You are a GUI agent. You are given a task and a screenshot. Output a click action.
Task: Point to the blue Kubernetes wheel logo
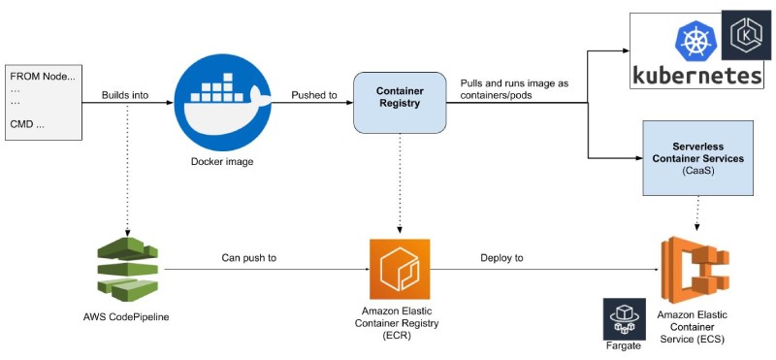(x=695, y=42)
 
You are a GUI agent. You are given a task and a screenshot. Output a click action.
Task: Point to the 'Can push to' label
(x=250, y=258)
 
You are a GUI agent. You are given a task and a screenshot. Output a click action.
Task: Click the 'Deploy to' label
(x=501, y=258)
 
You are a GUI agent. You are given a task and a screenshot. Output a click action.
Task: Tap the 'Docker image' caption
(x=221, y=161)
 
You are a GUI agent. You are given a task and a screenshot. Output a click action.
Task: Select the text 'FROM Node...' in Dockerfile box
(x=42, y=76)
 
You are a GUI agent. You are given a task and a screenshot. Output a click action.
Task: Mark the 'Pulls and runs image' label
(x=514, y=89)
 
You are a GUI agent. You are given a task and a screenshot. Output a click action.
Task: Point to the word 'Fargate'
(x=620, y=343)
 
